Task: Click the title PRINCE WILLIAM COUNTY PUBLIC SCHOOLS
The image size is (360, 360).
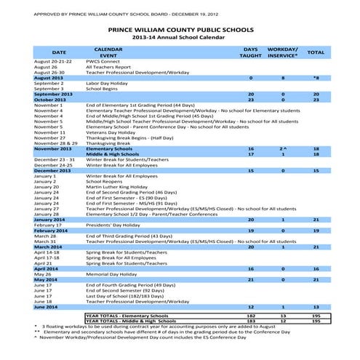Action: [x=180, y=30]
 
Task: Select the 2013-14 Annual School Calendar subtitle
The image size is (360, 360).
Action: [x=180, y=39]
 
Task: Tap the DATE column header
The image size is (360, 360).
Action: [x=59, y=52]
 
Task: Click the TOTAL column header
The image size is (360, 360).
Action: [x=316, y=52]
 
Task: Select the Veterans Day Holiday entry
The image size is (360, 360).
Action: [x=111, y=133]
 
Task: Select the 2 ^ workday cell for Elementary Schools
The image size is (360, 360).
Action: [x=284, y=148]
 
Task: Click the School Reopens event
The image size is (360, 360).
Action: [x=105, y=181]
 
